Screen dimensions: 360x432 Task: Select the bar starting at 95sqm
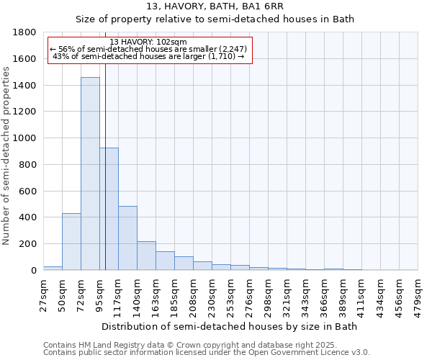click(x=109, y=209)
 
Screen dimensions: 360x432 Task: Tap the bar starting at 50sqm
click(x=71, y=241)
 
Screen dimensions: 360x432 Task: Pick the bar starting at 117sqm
click(x=127, y=238)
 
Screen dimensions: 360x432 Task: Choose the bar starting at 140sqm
click(x=146, y=256)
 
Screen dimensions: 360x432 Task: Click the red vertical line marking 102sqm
click(x=105, y=180)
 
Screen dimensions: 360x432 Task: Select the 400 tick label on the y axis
click(x=28, y=217)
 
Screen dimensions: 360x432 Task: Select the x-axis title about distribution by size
click(x=230, y=326)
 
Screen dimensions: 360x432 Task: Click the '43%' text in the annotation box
click(x=60, y=56)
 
